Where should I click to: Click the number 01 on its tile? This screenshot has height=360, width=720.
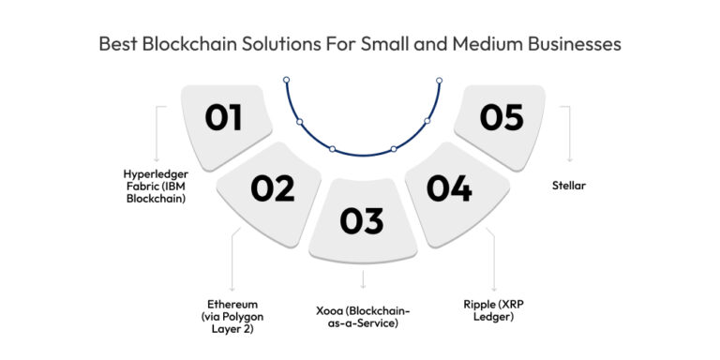pyautogui.click(x=224, y=117)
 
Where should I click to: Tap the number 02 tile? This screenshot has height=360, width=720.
pyautogui.click(x=273, y=188)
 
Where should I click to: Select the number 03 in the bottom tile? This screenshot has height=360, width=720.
pyautogui.click(x=362, y=220)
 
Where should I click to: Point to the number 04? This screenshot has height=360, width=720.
pyautogui.click(x=449, y=188)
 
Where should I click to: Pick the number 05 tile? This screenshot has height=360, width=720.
pyautogui.click(x=502, y=117)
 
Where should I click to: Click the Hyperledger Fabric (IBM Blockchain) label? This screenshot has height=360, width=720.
pyautogui.click(x=155, y=185)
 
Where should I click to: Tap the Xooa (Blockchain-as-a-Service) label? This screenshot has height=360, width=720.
pyautogui.click(x=363, y=317)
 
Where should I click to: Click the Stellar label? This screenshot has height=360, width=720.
pyautogui.click(x=569, y=185)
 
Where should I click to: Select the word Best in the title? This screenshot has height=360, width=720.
pyautogui.click(x=119, y=44)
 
